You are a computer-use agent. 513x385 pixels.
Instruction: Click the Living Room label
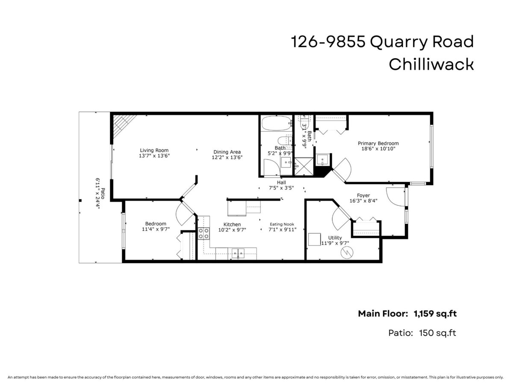click(154, 150)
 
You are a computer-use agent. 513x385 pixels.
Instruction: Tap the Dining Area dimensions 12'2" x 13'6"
click(227, 157)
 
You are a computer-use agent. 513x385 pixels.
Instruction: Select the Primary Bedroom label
click(378, 143)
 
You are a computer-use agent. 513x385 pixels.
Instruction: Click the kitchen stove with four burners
click(203, 234)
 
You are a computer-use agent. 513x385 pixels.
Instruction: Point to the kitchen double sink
click(238, 253)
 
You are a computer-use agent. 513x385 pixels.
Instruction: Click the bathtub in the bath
click(277, 123)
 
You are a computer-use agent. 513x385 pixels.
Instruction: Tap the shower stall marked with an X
click(304, 166)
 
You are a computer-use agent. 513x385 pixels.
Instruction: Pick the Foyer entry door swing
click(395, 197)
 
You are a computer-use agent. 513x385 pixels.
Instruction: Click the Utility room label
click(335, 238)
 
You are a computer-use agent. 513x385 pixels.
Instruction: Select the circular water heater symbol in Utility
click(347, 252)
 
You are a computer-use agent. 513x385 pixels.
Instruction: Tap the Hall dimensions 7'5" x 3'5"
click(281, 188)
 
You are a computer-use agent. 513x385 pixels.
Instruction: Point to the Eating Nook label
click(282, 224)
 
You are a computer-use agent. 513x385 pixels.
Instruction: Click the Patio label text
click(103, 193)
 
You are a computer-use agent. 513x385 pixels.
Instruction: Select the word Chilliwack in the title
click(431, 65)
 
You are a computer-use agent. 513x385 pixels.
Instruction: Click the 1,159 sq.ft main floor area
click(435, 314)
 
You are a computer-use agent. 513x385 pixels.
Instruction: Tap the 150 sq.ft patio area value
click(437, 333)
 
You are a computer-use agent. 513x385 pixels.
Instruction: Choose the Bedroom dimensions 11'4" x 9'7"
click(156, 229)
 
